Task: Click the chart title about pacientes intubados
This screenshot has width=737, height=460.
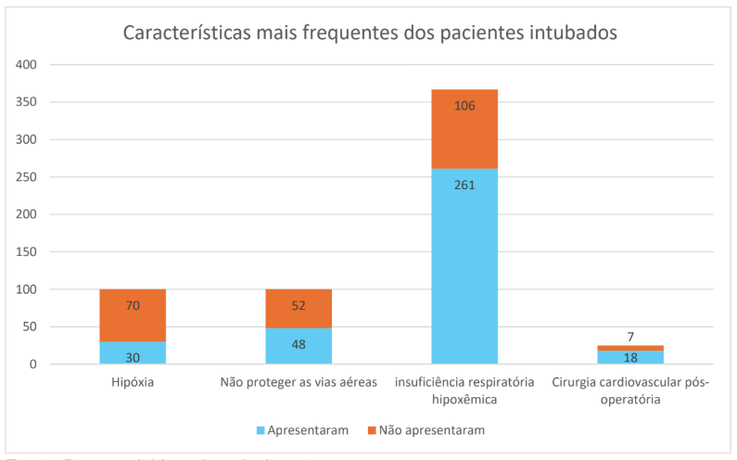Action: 370,33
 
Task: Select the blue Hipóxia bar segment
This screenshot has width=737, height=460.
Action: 133,353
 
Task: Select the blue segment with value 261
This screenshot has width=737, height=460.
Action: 464,266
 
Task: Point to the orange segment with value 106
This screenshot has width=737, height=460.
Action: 464,129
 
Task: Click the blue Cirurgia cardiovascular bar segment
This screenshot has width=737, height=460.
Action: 630,358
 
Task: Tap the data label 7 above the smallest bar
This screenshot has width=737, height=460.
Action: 630,337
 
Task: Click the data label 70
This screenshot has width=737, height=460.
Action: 133,305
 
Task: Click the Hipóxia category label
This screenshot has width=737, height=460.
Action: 133,382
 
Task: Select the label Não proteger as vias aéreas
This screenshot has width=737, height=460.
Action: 299,382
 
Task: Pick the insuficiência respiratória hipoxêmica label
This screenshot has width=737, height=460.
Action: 464,390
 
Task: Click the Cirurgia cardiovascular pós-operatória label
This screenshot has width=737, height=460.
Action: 630,390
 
